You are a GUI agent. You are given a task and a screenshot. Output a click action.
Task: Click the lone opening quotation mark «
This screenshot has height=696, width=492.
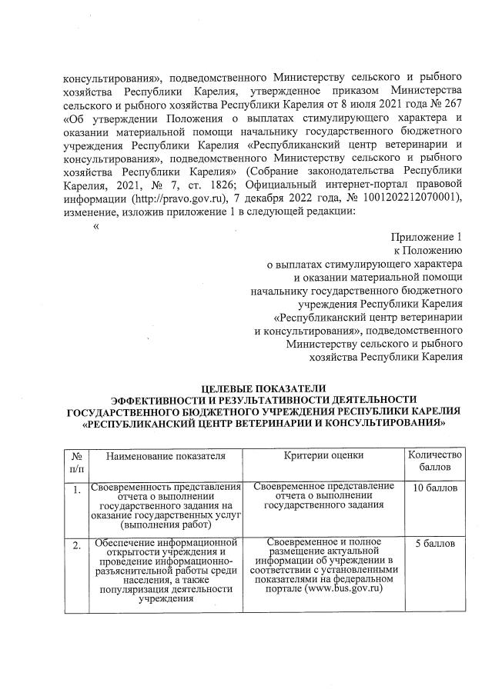[96, 225]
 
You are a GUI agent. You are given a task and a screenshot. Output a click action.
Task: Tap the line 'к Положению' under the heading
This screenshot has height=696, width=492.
[427, 250]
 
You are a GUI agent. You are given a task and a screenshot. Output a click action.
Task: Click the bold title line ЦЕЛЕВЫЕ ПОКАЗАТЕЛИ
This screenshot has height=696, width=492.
[264, 388]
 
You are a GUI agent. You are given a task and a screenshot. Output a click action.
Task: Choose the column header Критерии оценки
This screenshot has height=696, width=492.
[323, 456]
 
